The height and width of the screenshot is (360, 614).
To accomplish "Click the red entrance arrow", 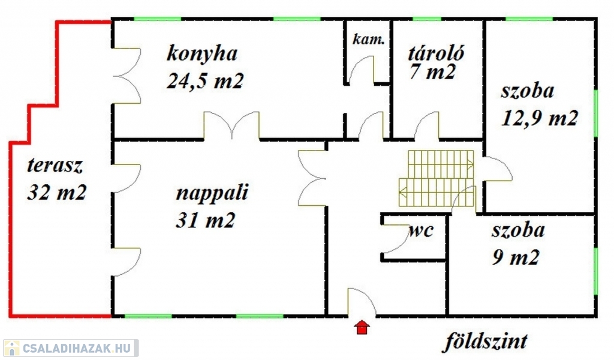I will point(362,327).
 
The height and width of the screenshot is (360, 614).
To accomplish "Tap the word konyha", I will point(202,54).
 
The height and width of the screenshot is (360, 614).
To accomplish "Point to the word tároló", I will point(437,52).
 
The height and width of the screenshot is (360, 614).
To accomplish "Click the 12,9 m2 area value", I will point(539,118).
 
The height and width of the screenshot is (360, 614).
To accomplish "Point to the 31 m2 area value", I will point(205,220).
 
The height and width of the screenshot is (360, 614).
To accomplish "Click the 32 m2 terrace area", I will point(57,193).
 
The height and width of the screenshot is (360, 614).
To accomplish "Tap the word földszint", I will point(486,342).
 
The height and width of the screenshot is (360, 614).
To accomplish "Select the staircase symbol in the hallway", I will point(438,178).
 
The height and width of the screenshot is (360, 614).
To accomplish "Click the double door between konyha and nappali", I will point(231,125).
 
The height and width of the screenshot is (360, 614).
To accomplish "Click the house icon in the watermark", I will point(12,348).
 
